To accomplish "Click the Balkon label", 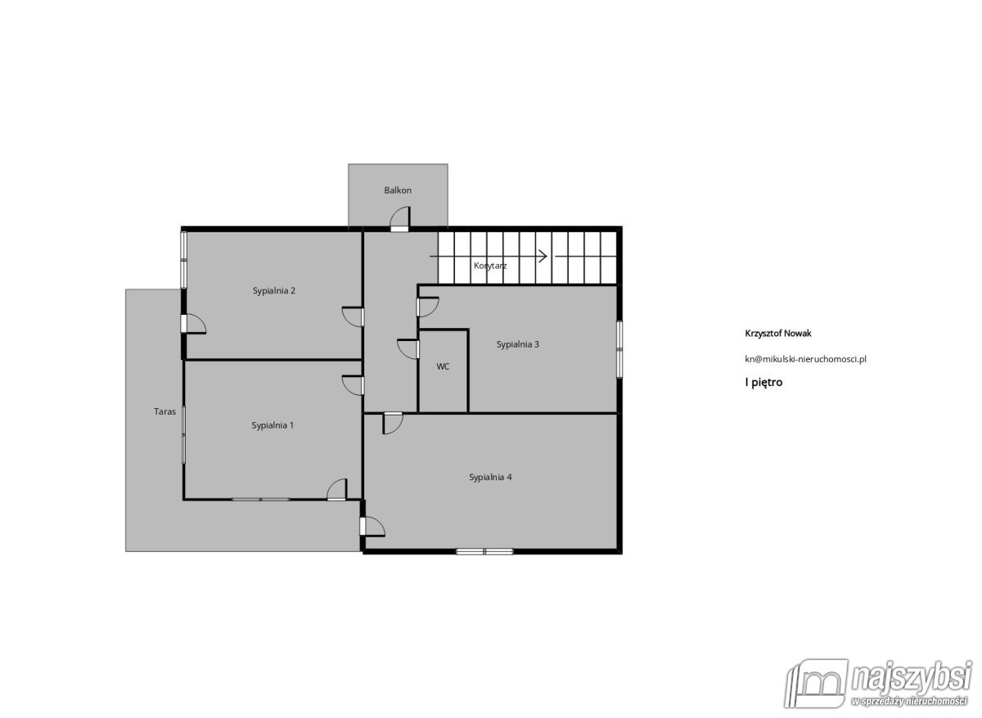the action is coord(398,190).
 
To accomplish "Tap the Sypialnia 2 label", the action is coord(274,291).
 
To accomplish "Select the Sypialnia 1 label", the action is coord(273,425).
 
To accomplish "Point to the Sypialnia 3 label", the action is coord(518,345).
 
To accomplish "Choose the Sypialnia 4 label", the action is coord(490,478).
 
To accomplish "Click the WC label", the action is coord(443,366).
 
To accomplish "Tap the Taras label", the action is coord(164,411).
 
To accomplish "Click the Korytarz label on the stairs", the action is coord(490,266).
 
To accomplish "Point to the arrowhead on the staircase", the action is coord(543,256).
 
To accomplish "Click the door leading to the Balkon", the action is coord(400,219).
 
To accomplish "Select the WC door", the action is coord(408,349).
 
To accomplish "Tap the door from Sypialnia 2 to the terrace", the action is coord(193,324).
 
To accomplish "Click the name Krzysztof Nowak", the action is coord(778,334).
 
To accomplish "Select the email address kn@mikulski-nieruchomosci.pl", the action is coord(805,359).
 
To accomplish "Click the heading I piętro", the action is coord(764,383).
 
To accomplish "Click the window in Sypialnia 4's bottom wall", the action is coord(484,551).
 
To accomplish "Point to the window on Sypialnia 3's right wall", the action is coord(619,349).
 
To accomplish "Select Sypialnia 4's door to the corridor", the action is coord(393,423).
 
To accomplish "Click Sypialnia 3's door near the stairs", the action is coord(427,307).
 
